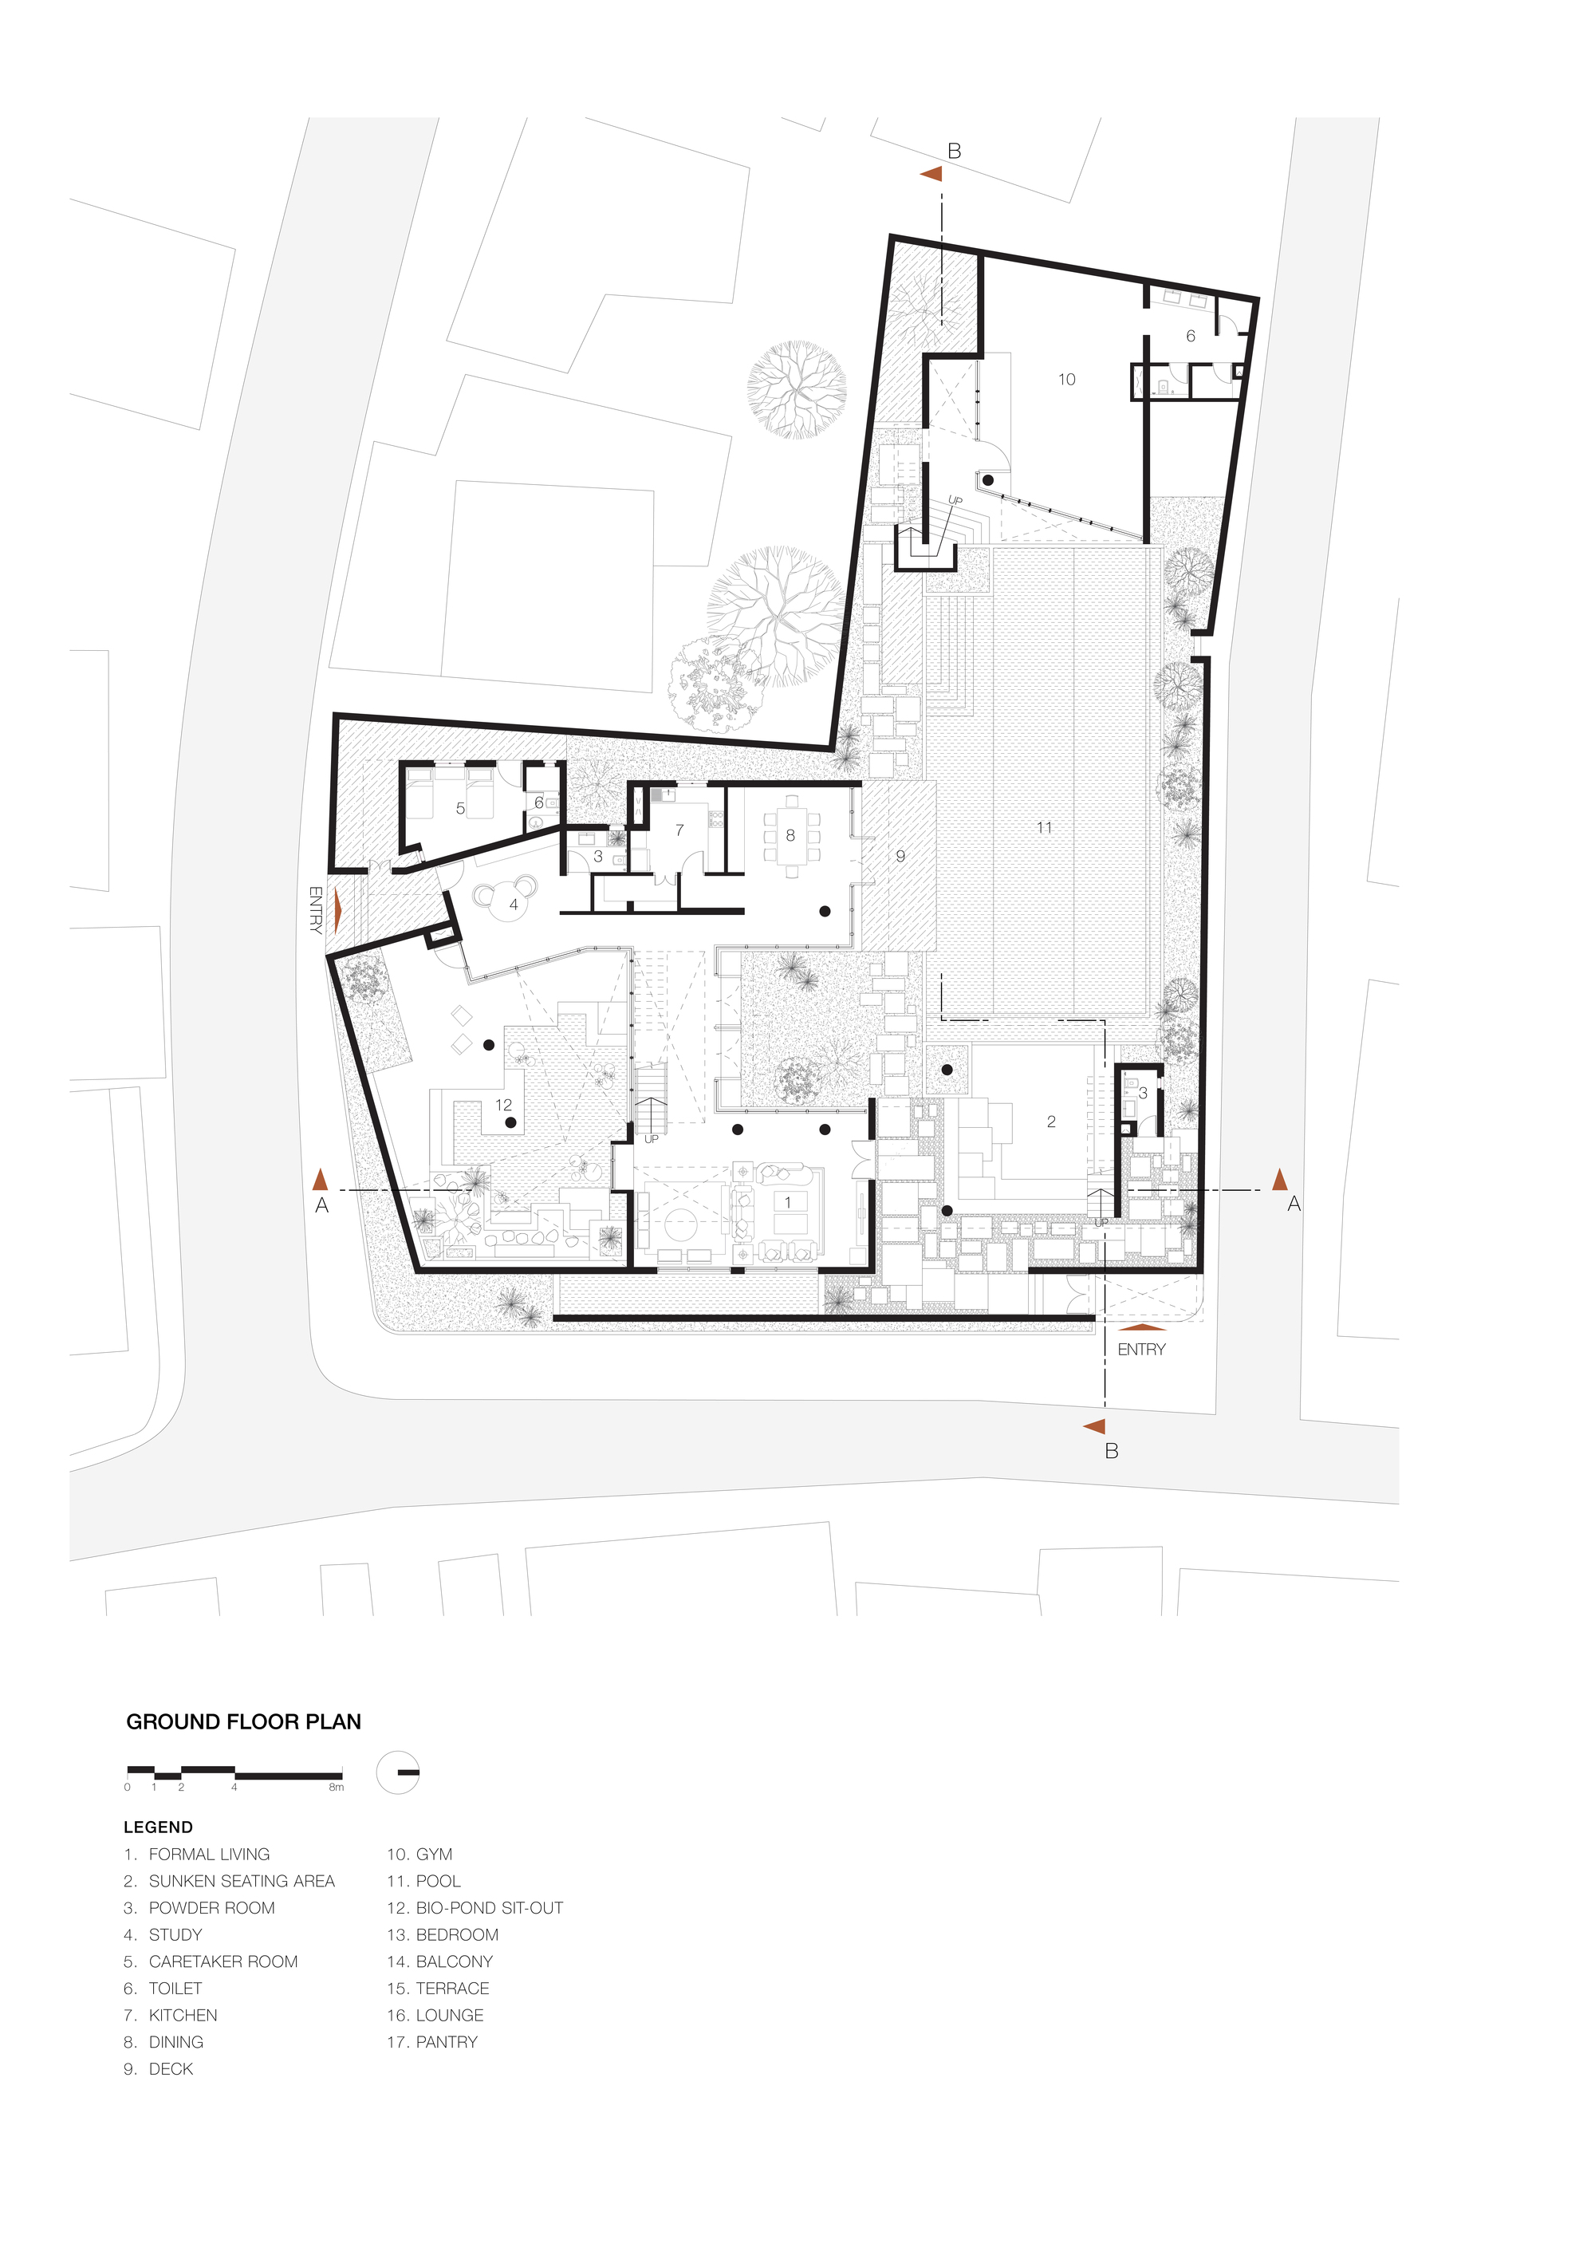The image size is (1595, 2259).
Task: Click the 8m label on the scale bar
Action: tap(337, 1788)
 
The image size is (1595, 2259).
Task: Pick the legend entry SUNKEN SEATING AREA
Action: tap(229, 1881)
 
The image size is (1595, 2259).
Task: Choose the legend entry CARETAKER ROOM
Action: tap(211, 1961)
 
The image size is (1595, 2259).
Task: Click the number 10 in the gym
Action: tap(1066, 379)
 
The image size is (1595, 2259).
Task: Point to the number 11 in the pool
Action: tap(1044, 827)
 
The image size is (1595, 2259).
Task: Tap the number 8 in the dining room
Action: tap(790, 835)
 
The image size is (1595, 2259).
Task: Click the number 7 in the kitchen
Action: tap(679, 830)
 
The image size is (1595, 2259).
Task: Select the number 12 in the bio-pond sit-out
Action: tap(504, 1105)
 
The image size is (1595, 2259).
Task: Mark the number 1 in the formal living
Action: tap(787, 1202)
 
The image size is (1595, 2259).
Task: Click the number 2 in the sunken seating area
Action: tap(1051, 1122)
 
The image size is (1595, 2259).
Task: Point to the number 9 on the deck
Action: tap(900, 856)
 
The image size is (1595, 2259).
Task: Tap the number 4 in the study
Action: tap(514, 905)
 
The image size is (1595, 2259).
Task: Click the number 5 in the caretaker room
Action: tap(459, 809)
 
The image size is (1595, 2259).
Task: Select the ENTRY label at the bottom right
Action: tap(1141, 1349)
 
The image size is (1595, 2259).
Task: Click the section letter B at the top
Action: tap(954, 152)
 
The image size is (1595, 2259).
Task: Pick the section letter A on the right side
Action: tap(1294, 1204)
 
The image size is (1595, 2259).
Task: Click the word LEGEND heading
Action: tap(159, 1827)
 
